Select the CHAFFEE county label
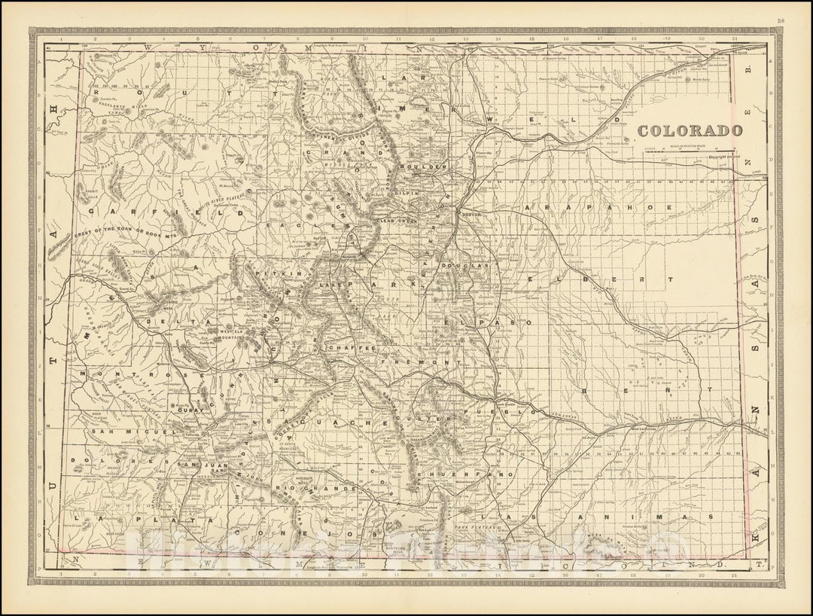coord(350,350)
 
